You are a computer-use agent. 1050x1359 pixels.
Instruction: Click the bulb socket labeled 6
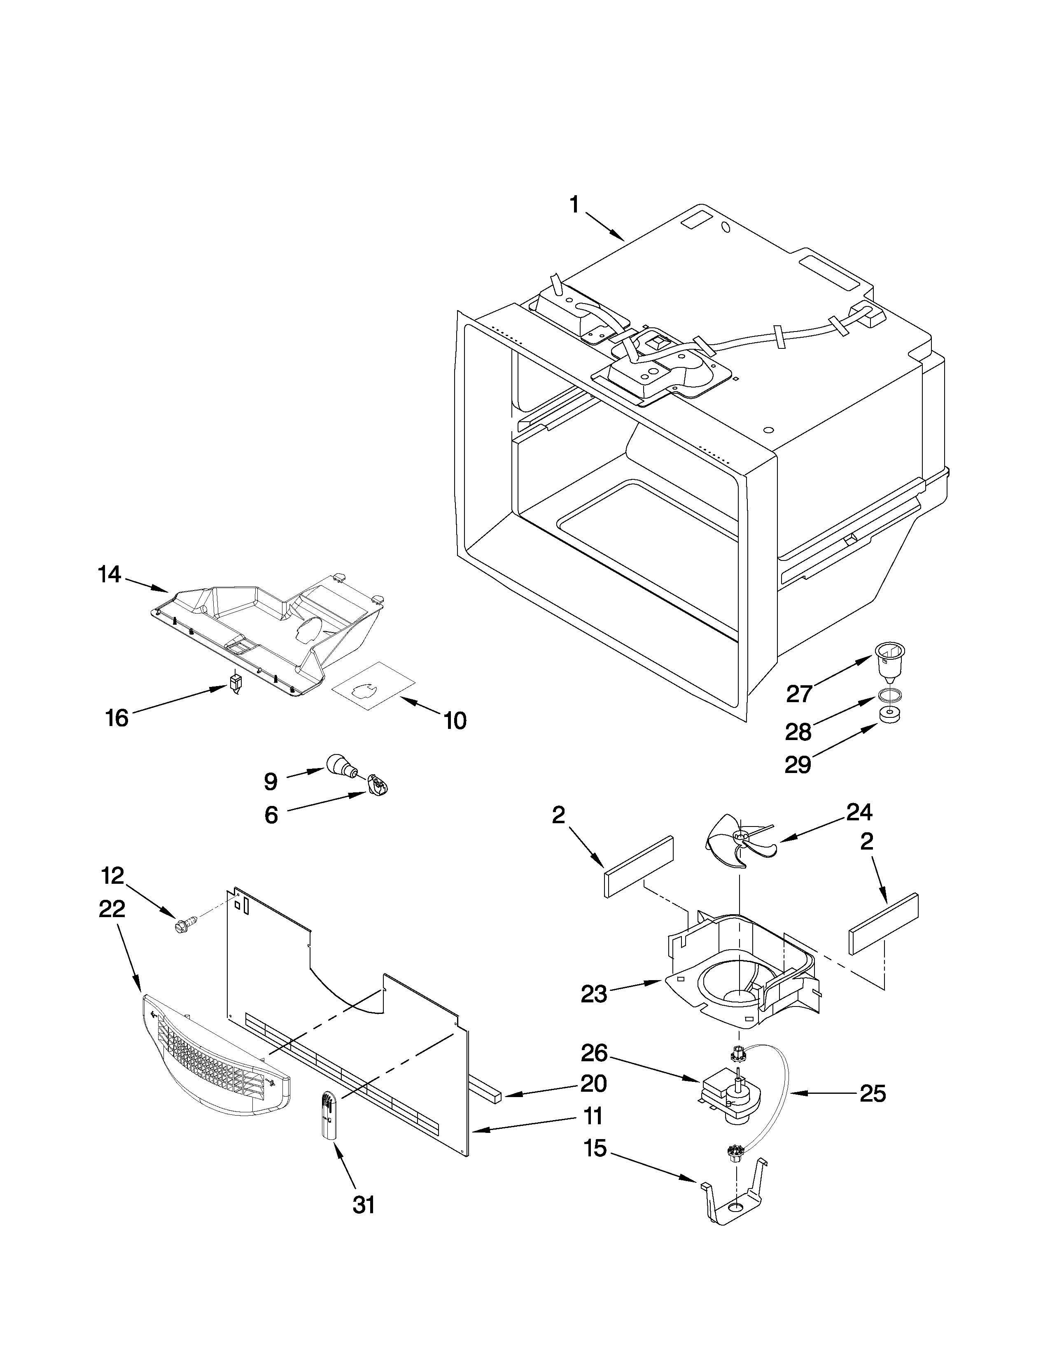[377, 784]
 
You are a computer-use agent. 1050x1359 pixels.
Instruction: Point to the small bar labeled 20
[486, 1090]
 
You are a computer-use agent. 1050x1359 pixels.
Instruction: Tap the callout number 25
[872, 1093]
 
